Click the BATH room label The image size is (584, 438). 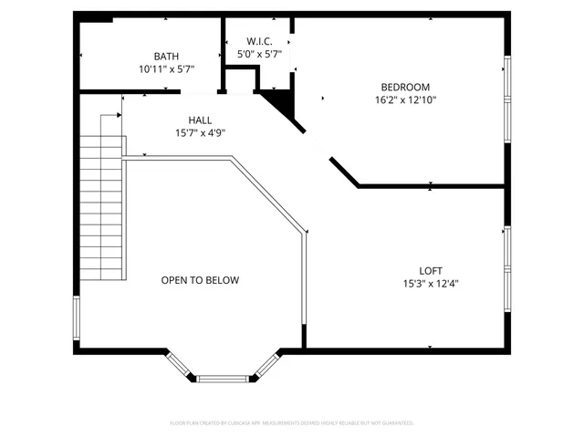166,56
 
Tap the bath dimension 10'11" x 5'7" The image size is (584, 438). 166,68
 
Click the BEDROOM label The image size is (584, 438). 405,87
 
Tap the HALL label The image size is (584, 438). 200,120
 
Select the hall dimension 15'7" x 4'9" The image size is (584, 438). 200,133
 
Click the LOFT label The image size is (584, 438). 431,270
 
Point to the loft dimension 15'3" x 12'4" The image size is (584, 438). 431,283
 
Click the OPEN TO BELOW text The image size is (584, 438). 200,280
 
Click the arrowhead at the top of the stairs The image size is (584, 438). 119,115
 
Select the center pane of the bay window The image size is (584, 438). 223,379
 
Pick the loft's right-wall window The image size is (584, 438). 507,269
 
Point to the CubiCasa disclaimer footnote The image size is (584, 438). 292,422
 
